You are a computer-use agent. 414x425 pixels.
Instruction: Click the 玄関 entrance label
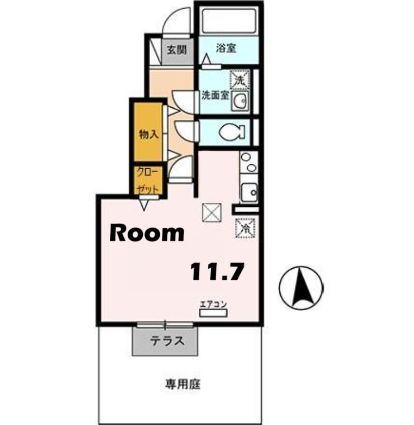point(176,50)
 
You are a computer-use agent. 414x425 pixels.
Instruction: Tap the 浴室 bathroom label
point(225,48)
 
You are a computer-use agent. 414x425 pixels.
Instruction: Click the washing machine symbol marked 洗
point(240,79)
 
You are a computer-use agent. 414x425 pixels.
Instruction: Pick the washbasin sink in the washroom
point(240,101)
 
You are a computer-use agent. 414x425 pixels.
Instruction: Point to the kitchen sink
point(249,192)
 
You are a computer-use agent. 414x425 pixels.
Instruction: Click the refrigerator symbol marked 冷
point(244,227)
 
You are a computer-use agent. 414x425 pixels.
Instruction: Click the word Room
point(147,233)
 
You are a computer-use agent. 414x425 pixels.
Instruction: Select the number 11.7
point(216,270)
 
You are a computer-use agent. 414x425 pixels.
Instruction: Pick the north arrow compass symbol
point(300,287)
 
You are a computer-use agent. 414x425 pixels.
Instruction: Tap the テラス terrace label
point(166,342)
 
